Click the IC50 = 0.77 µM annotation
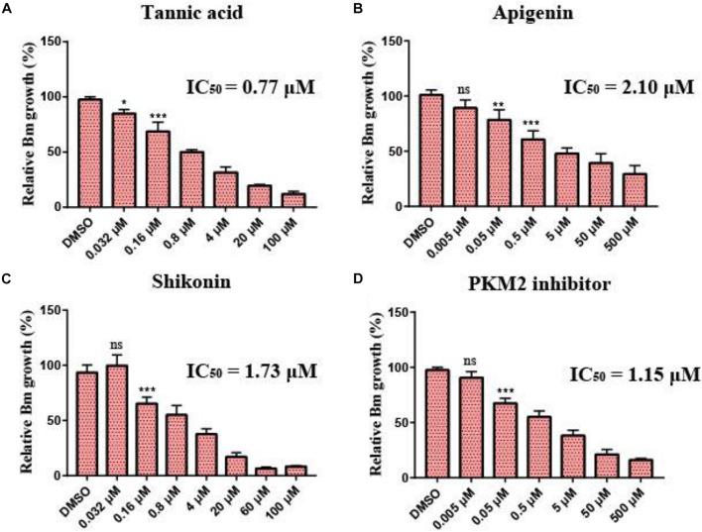(x=251, y=88)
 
